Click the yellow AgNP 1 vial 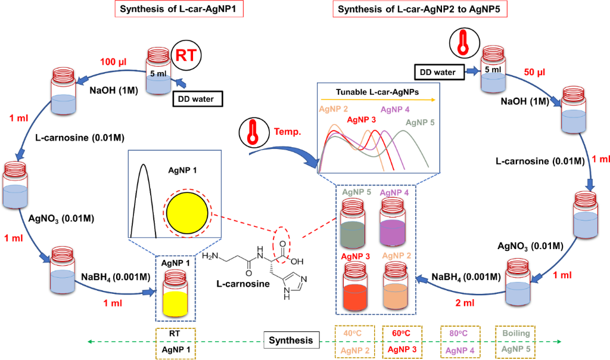(x=176, y=291)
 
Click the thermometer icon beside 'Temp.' (x=252, y=132)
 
